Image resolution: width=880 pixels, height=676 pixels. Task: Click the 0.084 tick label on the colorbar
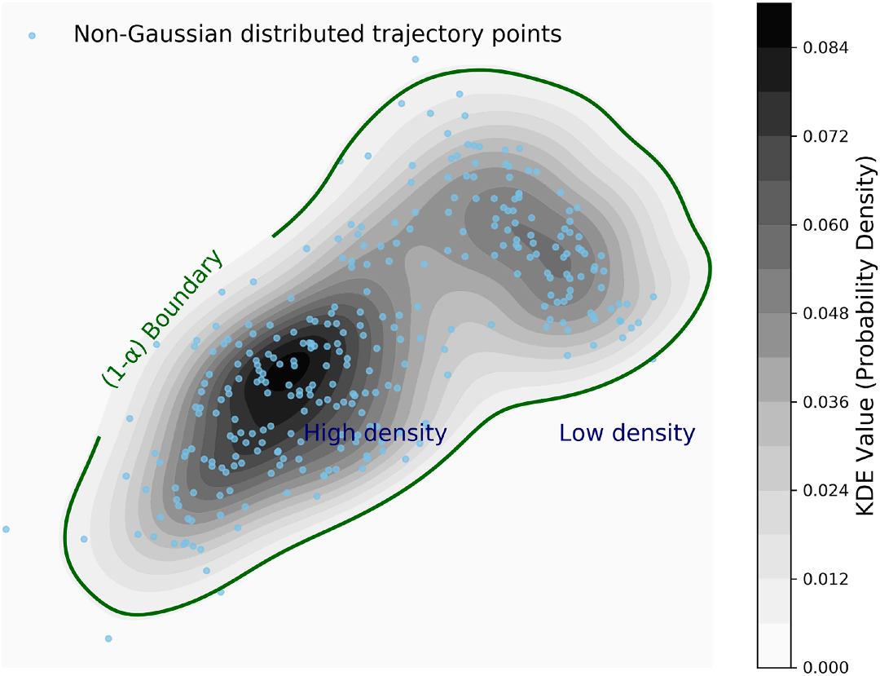coord(825,48)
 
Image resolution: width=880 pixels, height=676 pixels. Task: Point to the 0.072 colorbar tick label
coord(825,136)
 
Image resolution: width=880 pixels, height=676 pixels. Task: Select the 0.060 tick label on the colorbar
coord(825,225)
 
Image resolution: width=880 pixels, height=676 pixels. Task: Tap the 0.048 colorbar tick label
coord(825,313)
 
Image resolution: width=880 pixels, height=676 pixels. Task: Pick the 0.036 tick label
coord(825,402)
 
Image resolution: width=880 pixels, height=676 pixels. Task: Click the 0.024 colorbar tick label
coord(825,491)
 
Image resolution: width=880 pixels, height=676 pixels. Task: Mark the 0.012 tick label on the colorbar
coord(825,579)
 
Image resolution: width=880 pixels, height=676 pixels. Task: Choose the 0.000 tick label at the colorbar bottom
coord(825,667)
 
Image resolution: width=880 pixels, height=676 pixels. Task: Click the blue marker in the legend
coord(32,35)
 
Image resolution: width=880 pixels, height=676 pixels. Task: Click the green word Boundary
coord(183,295)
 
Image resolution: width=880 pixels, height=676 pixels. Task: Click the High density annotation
coord(375,433)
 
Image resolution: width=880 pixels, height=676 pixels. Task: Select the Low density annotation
coord(627,433)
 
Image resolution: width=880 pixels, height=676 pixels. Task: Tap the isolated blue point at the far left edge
coord(7,529)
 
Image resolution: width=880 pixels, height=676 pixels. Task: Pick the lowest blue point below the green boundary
coord(108,639)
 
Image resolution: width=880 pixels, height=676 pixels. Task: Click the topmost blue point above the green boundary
coord(416,59)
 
